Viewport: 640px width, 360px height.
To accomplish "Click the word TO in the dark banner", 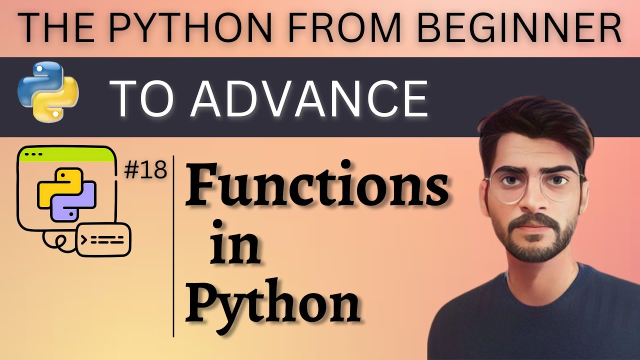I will coord(145,98).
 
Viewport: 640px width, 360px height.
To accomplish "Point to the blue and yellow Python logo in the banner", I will coord(47,91).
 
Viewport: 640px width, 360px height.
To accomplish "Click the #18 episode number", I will coord(145,171).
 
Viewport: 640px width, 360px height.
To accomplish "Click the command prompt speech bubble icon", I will coord(103,240).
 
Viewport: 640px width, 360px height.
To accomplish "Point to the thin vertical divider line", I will coord(173,245).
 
